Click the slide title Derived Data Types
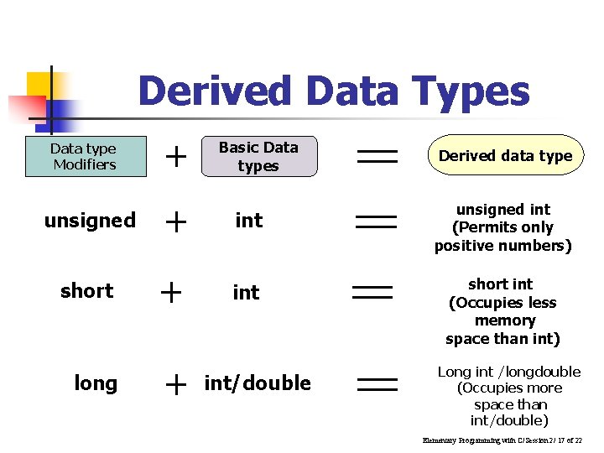[x=334, y=91]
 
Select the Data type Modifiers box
[x=85, y=157]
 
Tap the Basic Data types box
[x=259, y=157]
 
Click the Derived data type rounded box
[x=505, y=155]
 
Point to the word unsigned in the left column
[x=90, y=221]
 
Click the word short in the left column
[x=87, y=291]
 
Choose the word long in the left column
[x=96, y=383]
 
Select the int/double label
[x=258, y=383]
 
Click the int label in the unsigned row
[x=248, y=221]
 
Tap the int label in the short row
[x=246, y=292]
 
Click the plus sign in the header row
[x=175, y=155]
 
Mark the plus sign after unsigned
[x=175, y=221]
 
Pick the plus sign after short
[x=171, y=292]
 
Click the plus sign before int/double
[x=175, y=384]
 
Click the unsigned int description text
[x=502, y=227]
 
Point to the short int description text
[x=502, y=311]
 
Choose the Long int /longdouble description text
[x=509, y=396]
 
